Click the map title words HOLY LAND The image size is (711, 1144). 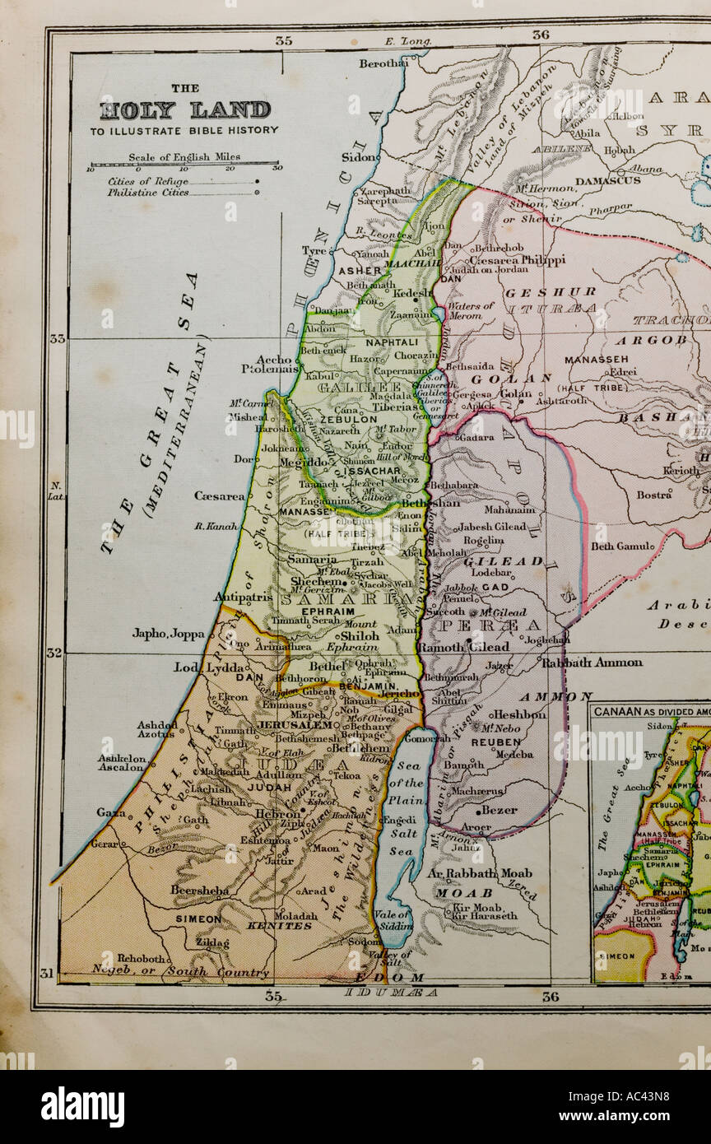(x=185, y=110)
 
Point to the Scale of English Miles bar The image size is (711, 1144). (x=184, y=165)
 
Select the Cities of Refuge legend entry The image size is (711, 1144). (x=147, y=181)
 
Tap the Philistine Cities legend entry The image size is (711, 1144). (x=148, y=193)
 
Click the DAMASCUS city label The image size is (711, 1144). (x=607, y=180)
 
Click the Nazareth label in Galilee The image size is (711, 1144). (x=341, y=430)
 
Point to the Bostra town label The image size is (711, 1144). (x=654, y=495)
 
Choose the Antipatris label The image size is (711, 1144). (x=243, y=598)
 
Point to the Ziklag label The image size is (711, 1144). (x=212, y=942)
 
